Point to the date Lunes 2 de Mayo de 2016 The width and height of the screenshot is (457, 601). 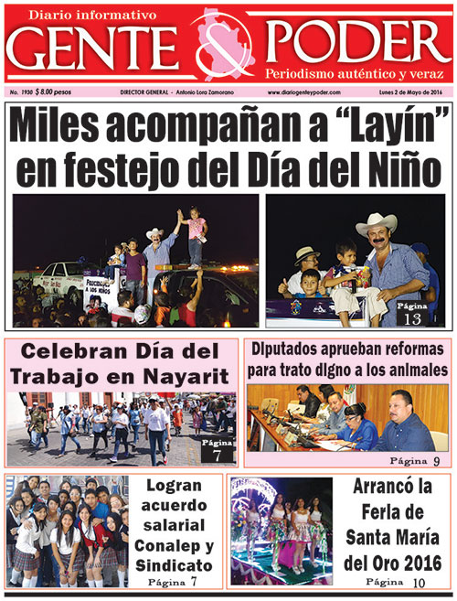409,92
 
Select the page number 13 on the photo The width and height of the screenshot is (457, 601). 410,317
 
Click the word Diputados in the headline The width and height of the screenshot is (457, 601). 285,349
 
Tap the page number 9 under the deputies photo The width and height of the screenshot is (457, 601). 437,460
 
